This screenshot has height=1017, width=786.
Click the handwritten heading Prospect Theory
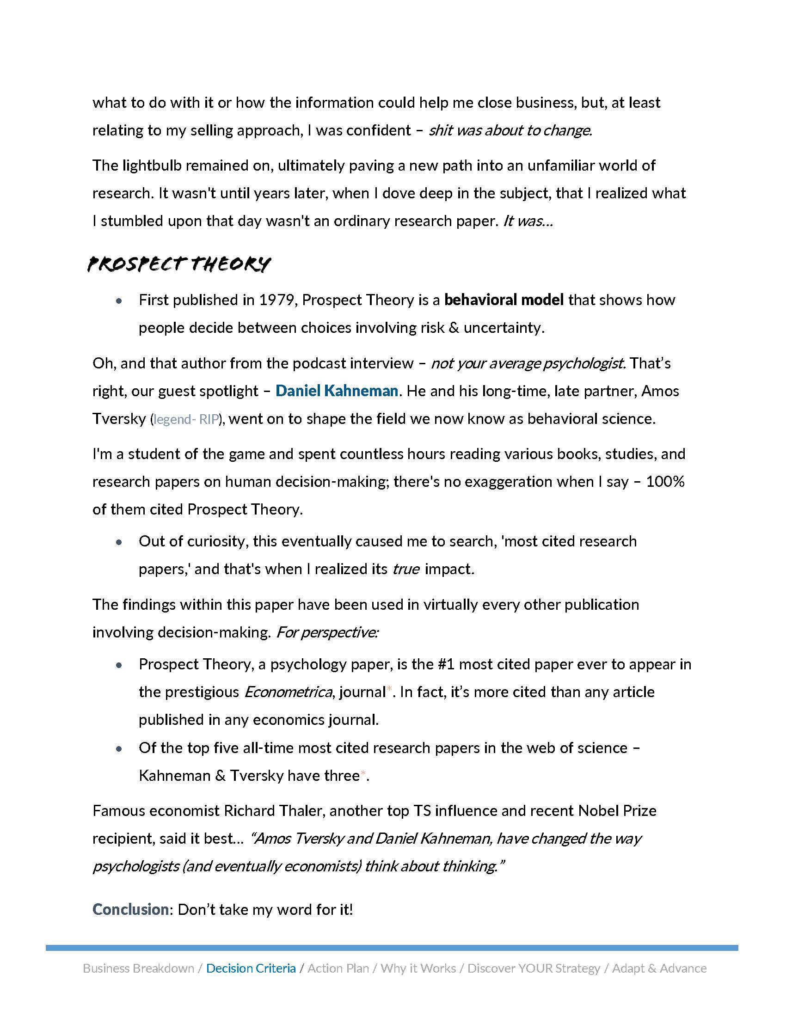tap(179, 264)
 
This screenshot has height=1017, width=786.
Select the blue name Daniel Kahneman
tap(337, 390)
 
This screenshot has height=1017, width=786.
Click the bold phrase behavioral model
tap(504, 300)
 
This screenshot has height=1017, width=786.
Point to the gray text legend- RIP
tap(186, 419)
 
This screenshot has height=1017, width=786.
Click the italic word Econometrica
tap(288, 692)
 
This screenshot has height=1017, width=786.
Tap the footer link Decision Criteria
tap(251, 968)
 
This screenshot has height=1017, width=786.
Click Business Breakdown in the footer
tap(138, 968)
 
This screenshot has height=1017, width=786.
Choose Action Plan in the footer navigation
tap(338, 968)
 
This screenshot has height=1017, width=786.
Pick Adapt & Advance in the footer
tap(659, 968)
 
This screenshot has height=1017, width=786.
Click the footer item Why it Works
tap(418, 968)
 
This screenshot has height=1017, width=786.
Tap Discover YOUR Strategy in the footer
tap(534, 968)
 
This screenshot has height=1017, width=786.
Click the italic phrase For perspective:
tap(327, 632)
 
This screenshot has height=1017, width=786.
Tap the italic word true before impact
tap(406, 569)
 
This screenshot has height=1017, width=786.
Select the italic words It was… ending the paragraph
tap(528, 221)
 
